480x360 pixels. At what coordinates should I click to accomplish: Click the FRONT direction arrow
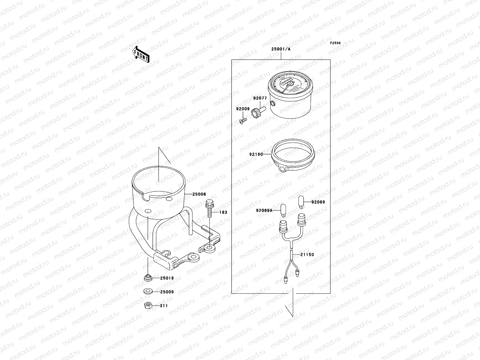(141, 54)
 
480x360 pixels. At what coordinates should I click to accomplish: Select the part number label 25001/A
(281, 49)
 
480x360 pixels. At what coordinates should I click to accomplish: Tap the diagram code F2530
(335, 43)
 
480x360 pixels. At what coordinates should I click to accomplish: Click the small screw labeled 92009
(243, 120)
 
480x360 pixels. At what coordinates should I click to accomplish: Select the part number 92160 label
(256, 154)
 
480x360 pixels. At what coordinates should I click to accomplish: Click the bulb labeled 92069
(301, 202)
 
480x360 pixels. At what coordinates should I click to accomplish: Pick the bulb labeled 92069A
(283, 210)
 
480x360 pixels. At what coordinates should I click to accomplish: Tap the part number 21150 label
(307, 254)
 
